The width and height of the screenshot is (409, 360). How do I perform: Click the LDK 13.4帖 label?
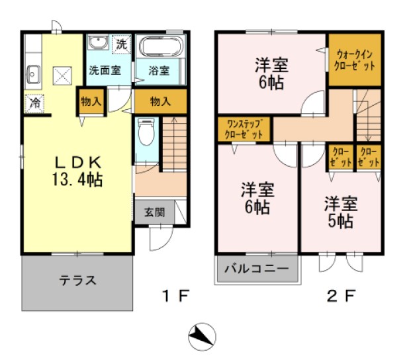(77, 171)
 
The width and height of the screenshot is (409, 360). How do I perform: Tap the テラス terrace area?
(78, 280)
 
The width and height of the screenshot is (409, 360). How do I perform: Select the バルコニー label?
(256, 269)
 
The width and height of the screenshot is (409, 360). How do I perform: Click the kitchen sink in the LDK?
(34, 73)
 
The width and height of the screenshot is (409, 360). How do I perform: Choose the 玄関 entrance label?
(154, 212)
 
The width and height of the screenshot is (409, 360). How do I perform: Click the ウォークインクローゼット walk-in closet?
(355, 61)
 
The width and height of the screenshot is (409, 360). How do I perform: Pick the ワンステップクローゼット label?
(244, 128)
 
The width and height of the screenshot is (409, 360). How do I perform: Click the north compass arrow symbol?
(202, 337)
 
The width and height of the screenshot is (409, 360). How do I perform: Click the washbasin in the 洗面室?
(99, 44)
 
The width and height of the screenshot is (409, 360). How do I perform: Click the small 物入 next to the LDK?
(91, 101)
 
